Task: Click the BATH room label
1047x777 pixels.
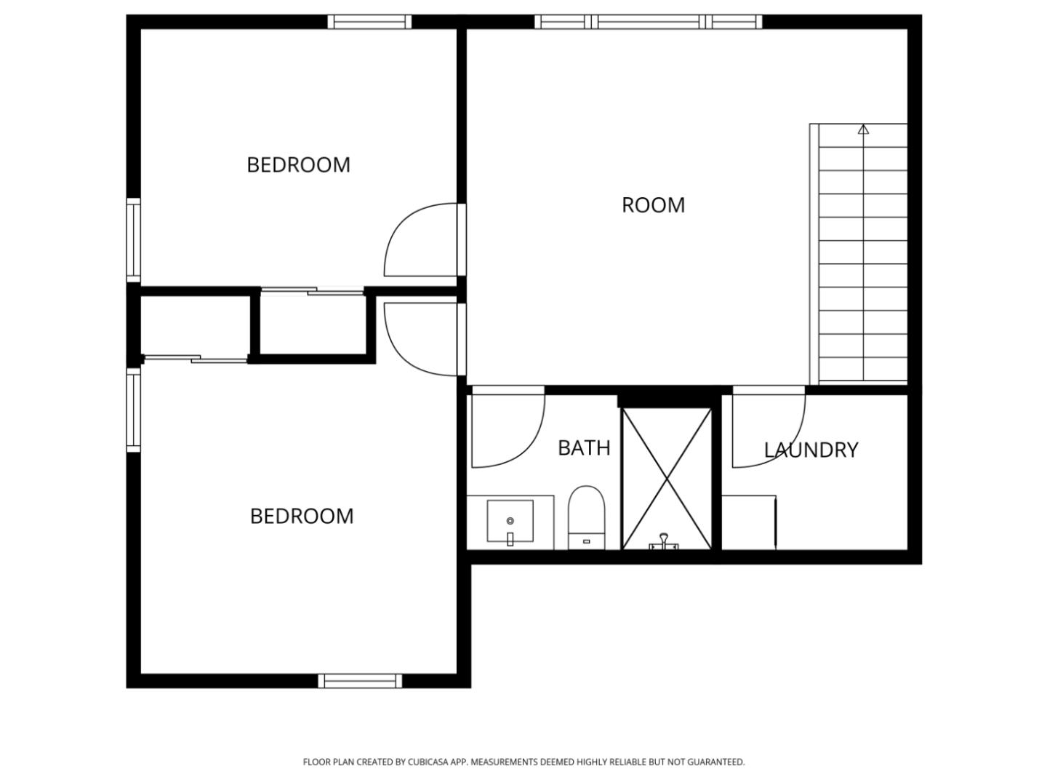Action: click(x=584, y=447)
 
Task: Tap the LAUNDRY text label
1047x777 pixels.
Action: click(x=811, y=450)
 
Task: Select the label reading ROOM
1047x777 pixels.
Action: click(x=653, y=205)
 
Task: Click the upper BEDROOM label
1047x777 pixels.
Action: click(x=298, y=165)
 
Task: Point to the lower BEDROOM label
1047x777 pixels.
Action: click(x=302, y=517)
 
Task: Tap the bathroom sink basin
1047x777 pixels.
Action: click(x=510, y=522)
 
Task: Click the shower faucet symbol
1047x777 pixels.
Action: click(x=663, y=541)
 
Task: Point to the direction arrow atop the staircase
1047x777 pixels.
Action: click(x=863, y=130)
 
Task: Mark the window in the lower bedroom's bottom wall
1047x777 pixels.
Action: click(x=360, y=681)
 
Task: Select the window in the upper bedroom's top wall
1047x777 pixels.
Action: click(x=369, y=22)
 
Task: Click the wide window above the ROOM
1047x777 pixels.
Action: click(x=649, y=22)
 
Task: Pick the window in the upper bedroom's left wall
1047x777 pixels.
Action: click(x=134, y=240)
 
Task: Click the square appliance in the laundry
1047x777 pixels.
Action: click(x=749, y=522)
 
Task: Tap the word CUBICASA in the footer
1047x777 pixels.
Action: click(x=428, y=762)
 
